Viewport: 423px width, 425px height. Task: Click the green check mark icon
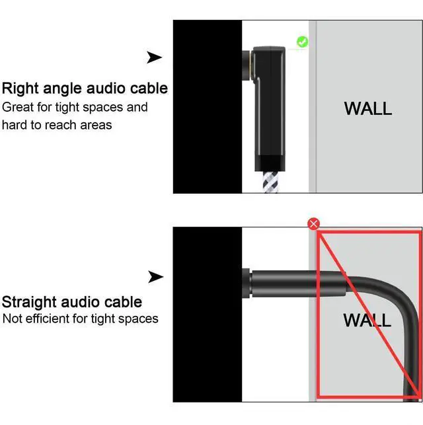tap(302, 42)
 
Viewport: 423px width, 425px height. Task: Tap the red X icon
tap(314, 224)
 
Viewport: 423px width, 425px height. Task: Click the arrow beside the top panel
tap(154, 58)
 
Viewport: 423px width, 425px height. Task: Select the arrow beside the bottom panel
tap(155, 277)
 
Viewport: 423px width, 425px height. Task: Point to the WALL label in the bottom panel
tap(367, 321)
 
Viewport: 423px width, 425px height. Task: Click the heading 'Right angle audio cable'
tap(85, 89)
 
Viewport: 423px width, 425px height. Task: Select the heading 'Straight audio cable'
tap(72, 303)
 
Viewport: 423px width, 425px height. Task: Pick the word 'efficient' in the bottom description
tap(47, 319)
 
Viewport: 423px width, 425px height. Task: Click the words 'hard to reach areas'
tap(57, 125)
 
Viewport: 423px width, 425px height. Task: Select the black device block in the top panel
tap(207, 106)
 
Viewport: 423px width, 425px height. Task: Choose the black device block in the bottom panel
tap(207, 314)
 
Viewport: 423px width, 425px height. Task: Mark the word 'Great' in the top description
tap(18, 107)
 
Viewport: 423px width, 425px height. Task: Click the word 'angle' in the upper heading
tap(63, 89)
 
